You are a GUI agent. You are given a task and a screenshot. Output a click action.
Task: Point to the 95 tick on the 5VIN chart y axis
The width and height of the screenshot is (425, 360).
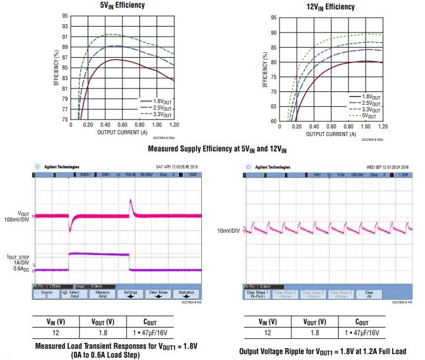point(64,16)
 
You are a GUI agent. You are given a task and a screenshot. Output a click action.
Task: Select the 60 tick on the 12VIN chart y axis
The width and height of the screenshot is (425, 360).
point(273,121)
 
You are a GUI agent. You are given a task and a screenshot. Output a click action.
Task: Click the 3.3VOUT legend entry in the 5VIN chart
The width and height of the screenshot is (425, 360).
point(162,114)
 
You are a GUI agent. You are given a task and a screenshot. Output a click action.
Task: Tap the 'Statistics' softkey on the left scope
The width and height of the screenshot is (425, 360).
point(186,293)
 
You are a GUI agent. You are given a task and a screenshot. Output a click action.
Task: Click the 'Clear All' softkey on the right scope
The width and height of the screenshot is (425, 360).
point(369,293)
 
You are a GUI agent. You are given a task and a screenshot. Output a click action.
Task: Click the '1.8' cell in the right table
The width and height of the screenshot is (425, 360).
point(315,333)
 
